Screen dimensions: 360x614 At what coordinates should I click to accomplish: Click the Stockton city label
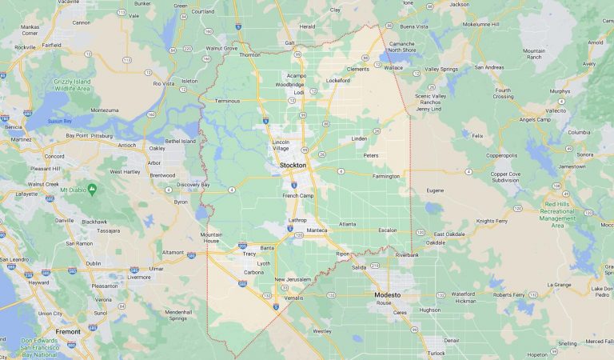coord(293,165)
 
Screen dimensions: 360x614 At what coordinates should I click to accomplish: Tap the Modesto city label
coord(392,294)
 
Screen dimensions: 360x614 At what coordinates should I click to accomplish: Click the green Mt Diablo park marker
coord(92,190)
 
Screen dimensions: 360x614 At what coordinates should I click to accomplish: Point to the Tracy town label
coord(249,254)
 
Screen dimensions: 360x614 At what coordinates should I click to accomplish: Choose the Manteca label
coord(317,230)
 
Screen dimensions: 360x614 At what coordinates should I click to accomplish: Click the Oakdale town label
coord(436,242)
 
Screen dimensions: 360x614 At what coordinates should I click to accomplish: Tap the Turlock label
coord(436,353)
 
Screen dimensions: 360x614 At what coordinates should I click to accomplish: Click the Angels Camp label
coord(535,119)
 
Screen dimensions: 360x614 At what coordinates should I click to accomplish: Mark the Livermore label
coord(138,278)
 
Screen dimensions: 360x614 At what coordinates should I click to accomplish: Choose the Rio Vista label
coord(164,83)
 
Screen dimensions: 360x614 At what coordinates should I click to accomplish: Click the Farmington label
coord(385,176)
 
